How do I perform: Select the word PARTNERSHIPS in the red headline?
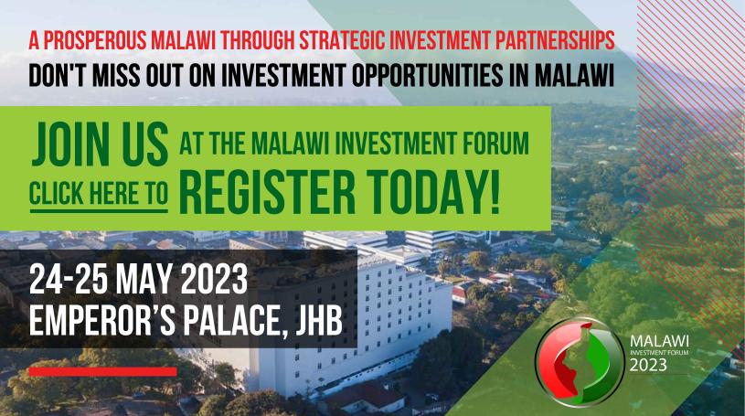coord(556,40)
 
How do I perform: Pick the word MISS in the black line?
coord(113,75)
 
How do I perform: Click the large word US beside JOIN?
coord(145,144)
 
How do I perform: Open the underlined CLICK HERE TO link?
coord(99,194)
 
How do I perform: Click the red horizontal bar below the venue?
coord(102,371)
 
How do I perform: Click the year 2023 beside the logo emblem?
coord(648,365)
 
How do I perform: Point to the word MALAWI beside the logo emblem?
coord(659,341)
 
